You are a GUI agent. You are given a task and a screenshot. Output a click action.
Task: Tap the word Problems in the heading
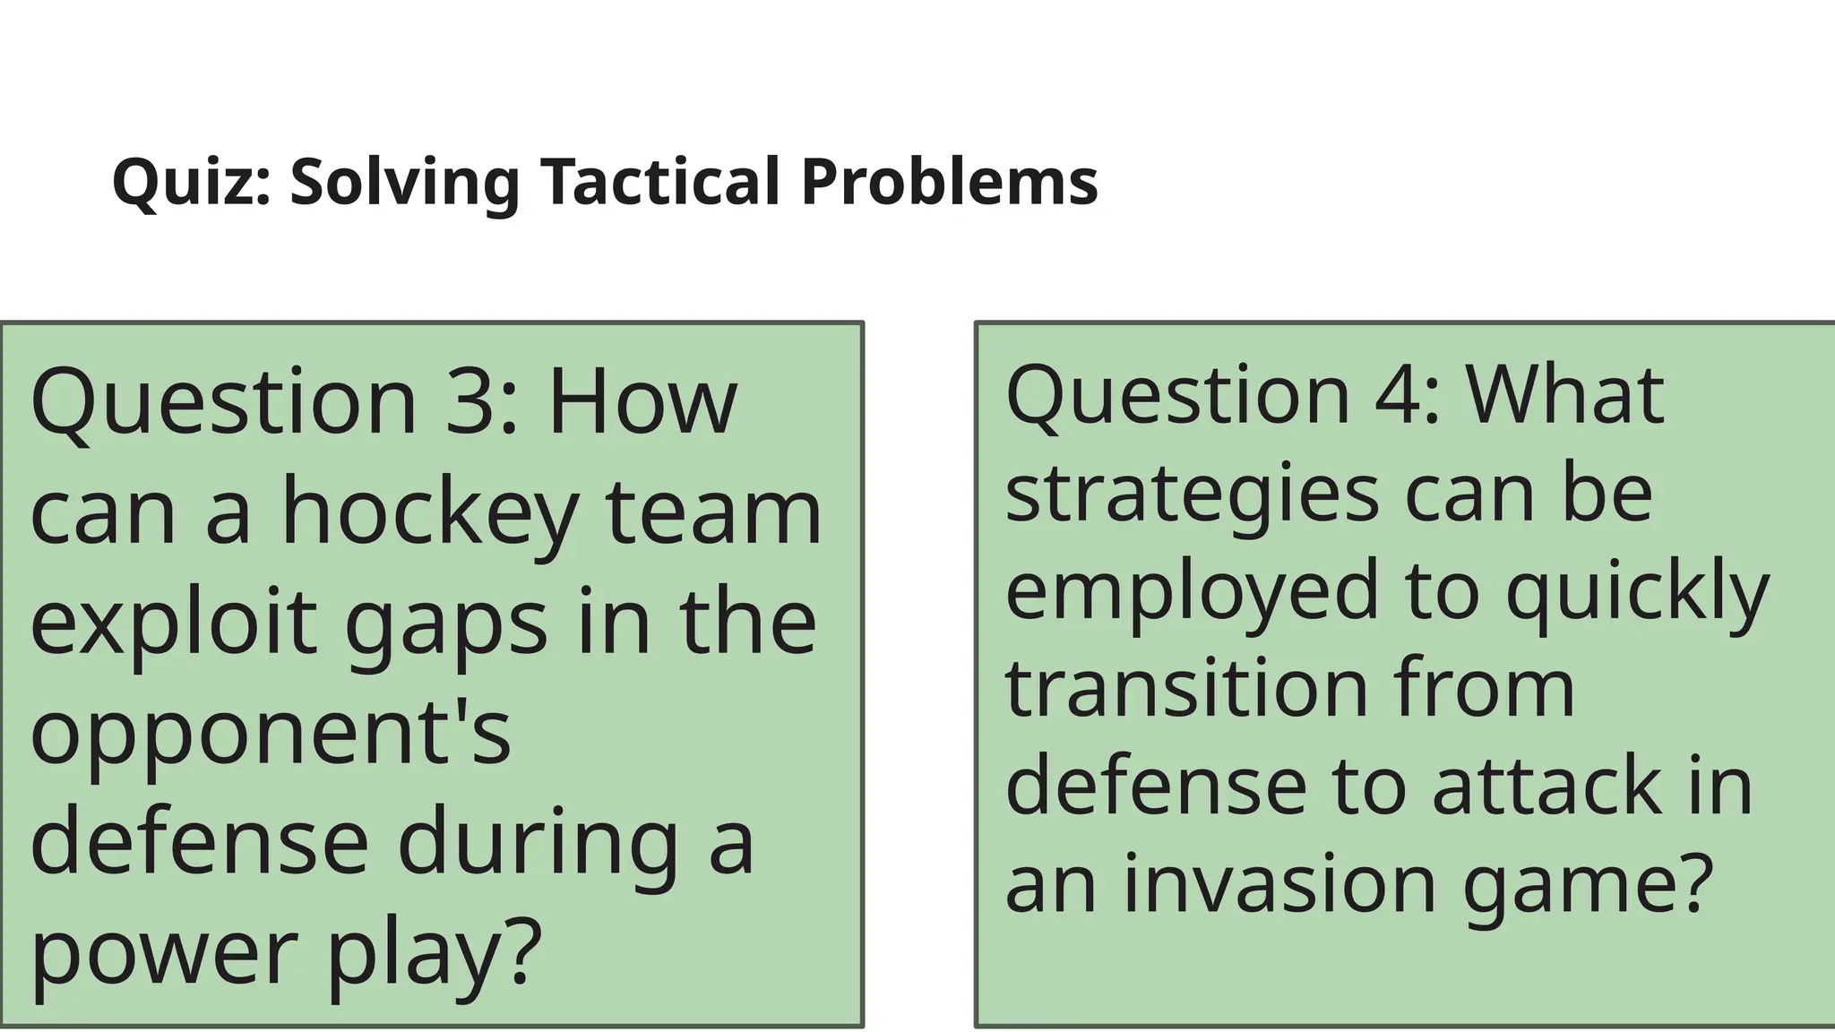point(949,182)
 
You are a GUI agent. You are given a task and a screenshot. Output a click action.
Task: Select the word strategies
point(1192,495)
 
